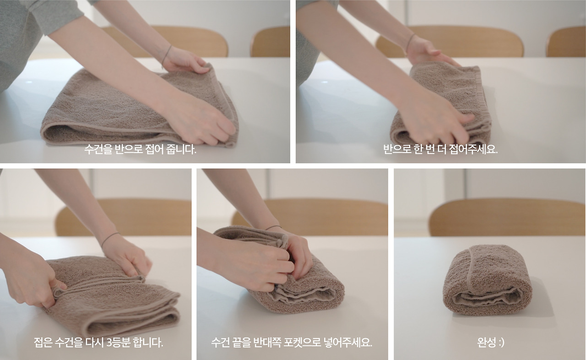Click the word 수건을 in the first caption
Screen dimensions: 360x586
point(98,149)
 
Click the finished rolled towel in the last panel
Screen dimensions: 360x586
point(487,280)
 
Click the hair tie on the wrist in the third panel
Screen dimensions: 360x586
point(109,238)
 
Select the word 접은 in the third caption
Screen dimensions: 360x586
point(42,342)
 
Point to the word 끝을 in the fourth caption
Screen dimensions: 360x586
point(255,342)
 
